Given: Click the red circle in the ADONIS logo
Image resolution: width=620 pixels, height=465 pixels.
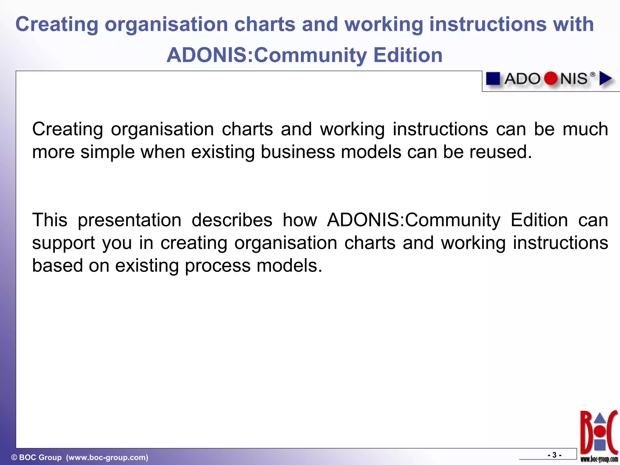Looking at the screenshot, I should tap(550, 79).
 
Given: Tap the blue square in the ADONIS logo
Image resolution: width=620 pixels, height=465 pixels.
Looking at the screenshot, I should tap(493, 79).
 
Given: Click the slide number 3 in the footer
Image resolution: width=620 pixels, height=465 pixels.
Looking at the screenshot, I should tap(554, 455).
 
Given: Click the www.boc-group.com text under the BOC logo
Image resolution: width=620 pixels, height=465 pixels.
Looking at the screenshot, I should tap(599, 459).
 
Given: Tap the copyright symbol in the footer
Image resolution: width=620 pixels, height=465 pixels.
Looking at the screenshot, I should tap(14, 457).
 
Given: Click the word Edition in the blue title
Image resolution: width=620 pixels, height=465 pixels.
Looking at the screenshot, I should tap(408, 55).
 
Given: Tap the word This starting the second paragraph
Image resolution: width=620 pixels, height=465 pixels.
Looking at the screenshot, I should tap(50, 220).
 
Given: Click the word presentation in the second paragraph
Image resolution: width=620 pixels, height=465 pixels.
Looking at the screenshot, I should tap(130, 220).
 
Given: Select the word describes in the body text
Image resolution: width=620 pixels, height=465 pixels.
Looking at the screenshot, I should tap(232, 220).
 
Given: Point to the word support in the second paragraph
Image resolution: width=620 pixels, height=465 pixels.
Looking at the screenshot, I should tap(63, 243).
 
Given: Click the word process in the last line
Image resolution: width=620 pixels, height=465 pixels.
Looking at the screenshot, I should tap(218, 265).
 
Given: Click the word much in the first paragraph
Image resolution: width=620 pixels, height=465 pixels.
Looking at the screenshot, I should tap(585, 129).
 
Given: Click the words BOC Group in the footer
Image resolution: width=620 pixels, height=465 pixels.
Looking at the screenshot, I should tap(40, 457).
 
